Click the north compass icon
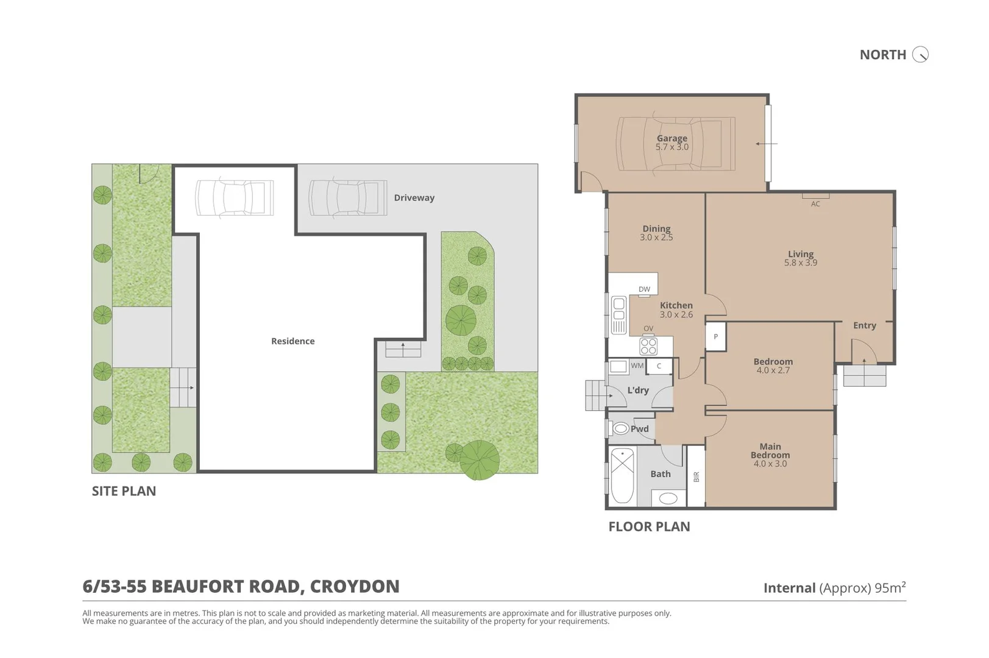[x=920, y=55]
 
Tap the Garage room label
[x=672, y=138]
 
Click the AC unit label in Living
[x=815, y=204]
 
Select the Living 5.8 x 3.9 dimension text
[x=800, y=263]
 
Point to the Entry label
[x=864, y=325]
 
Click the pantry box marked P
[x=715, y=337]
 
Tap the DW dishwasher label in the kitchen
[x=644, y=289]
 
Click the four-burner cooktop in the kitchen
[x=648, y=346]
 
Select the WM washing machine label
[x=637, y=366]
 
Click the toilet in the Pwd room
[x=620, y=429]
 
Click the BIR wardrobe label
[x=697, y=477]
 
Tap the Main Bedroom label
[x=770, y=451]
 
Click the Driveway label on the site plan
[x=414, y=198]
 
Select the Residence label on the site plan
[x=292, y=341]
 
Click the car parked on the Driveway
[x=347, y=197]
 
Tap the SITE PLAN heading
[x=124, y=491]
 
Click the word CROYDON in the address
[x=355, y=586]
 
